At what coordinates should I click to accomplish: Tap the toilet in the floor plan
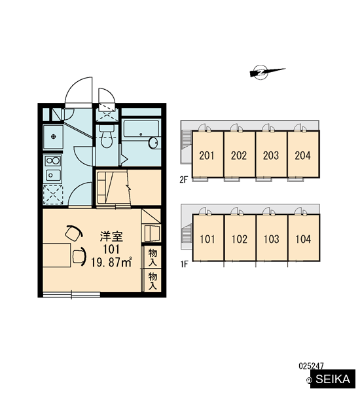point(107,137)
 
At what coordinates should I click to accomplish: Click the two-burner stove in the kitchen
point(52,160)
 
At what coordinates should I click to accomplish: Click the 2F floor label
point(183,179)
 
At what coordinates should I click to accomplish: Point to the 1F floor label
point(184,264)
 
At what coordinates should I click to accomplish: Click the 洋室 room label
point(111,236)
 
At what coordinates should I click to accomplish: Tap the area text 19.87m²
point(111,263)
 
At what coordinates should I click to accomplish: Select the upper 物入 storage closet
point(152,257)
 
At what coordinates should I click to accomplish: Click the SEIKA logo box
point(333,379)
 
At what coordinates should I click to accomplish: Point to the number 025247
point(311,366)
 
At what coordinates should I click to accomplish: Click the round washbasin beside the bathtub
point(153,143)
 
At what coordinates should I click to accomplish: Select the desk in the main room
point(56,255)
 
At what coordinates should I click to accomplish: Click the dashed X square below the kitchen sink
point(53,195)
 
